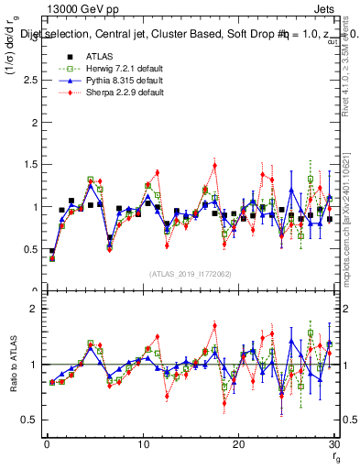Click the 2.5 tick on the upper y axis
click(30, 81)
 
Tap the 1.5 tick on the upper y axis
click(30, 165)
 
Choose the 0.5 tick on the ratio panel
click(30, 420)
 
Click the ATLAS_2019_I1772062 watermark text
click(190, 273)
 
